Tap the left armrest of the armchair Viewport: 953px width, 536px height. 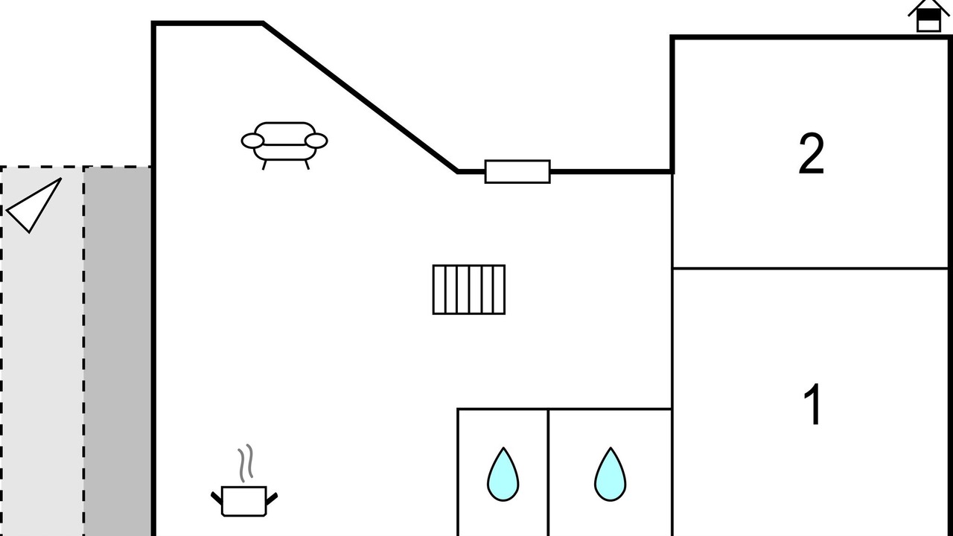(x=252, y=141)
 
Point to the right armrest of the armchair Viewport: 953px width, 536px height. (x=316, y=141)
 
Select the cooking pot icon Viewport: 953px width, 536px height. (x=244, y=501)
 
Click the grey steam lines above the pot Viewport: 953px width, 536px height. (x=246, y=463)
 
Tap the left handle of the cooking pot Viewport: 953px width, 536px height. (x=216, y=498)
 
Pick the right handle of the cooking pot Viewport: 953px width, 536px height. (x=272, y=499)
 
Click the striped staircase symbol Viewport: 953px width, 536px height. (x=469, y=290)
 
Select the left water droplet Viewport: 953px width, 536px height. (x=503, y=474)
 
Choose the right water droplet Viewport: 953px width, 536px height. (x=610, y=474)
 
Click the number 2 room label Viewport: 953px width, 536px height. (x=812, y=153)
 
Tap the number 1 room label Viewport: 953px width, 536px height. (x=812, y=403)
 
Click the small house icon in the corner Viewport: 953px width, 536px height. (x=928, y=16)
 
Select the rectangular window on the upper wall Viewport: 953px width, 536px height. (x=517, y=172)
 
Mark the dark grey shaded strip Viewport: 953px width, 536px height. (x=118, y=351)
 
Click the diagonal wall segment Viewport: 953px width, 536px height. (x=360, y=98)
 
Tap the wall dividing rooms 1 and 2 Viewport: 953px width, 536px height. (x=810, y=269)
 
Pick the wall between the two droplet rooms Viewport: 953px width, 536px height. (x=549, y=472)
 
